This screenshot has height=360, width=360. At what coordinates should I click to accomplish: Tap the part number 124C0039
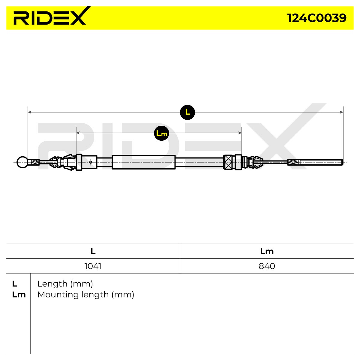pos(317,18)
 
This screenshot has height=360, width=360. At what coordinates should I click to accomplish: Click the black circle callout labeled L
pos(187,112)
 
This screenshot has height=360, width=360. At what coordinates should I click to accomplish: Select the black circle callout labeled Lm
pos(161,133)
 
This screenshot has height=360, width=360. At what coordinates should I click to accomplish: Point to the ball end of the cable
pos(22,162)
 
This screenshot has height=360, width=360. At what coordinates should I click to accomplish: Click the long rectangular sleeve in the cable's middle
pos(143,162)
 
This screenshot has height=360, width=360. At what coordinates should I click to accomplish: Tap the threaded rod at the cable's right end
pos(321,162)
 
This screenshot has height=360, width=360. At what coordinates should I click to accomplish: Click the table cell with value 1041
pos(93,266)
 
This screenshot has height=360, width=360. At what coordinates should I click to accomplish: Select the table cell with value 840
pos(267,266)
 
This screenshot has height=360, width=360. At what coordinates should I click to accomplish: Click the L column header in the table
pos(93,251)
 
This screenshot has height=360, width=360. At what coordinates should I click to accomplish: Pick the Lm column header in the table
pos(267,251)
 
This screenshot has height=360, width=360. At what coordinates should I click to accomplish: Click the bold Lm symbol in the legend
pos(19,295)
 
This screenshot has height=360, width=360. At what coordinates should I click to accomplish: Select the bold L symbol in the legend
pos(15,284)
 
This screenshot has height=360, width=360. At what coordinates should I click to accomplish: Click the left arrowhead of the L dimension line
pos(29,112)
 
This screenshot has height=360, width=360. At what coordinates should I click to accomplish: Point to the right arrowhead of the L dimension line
pos(341,112)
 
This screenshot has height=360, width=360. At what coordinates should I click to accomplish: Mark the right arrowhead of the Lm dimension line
pos(240,133)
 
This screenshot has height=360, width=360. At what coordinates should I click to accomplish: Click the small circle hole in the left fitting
pos(91,162)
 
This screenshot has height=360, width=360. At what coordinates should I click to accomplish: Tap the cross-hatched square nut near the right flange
pos(228,162)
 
